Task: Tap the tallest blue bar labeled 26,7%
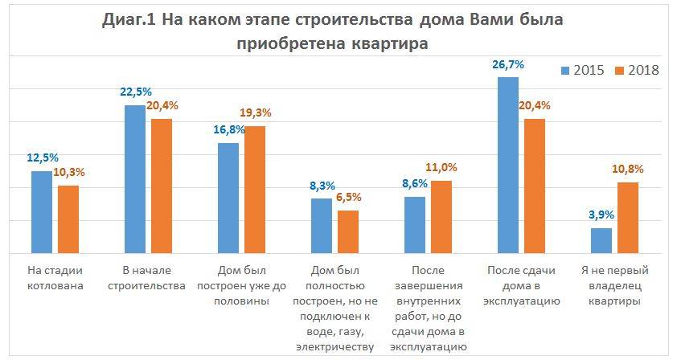[509, 166]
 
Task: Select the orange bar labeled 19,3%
[255, 190]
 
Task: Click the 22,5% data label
[135, 90]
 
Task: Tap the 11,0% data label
[441, 167]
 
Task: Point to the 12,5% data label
[42, 157]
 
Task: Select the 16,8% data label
[228, 129]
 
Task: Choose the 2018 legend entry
[637, 70]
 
